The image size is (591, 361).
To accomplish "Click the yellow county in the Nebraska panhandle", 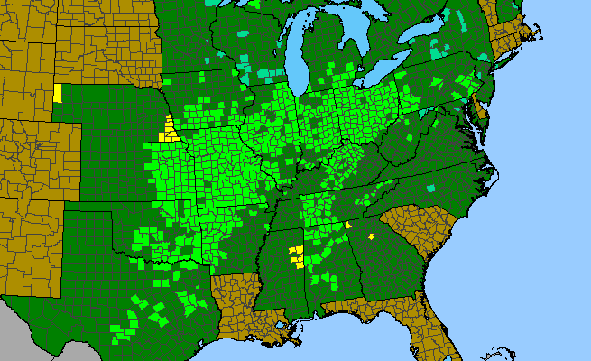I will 58,93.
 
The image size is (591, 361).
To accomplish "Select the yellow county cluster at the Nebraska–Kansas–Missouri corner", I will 168,131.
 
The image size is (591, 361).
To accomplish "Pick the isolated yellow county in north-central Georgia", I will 370,237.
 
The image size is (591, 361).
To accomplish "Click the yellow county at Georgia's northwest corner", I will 348,226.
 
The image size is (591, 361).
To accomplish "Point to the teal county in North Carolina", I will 431,188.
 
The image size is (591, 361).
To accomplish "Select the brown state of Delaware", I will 480,113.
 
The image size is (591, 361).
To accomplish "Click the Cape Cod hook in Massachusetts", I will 539,40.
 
